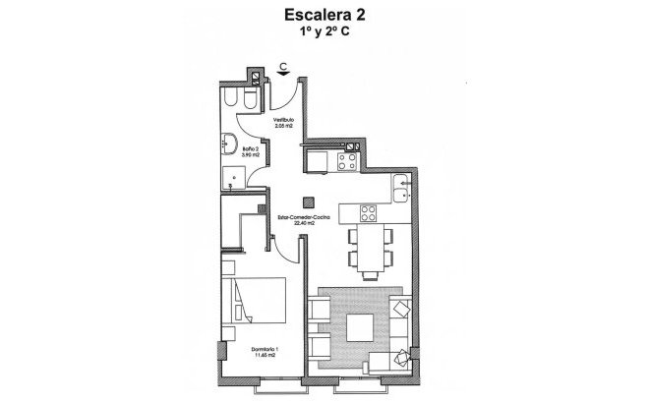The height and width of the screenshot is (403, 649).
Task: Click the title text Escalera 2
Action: click(324, 15)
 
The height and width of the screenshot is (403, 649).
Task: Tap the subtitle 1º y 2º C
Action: click(323, 32)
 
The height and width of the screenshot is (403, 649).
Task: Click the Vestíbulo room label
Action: click(284, 121)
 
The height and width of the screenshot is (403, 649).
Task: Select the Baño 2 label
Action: click(250, 151)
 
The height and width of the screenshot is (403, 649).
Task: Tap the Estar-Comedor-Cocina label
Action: click(296, 220)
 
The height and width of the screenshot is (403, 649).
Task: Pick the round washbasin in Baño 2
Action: click(229, 142)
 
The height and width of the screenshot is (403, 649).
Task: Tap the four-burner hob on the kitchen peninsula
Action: click(369, 213)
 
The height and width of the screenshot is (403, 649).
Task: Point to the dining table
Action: click(369, 249)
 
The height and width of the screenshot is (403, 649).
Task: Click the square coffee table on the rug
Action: click(358, 325)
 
